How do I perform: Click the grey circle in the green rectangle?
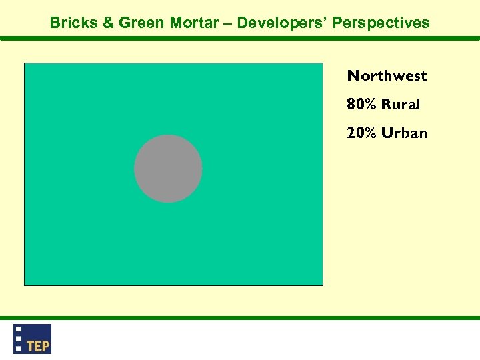[168, 169]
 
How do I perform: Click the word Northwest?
[387, 76]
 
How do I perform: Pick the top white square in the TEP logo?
[19, 329]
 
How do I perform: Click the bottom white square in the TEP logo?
[19, 348]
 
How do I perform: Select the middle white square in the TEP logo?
[19, 338]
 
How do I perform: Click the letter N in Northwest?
[353, 76]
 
